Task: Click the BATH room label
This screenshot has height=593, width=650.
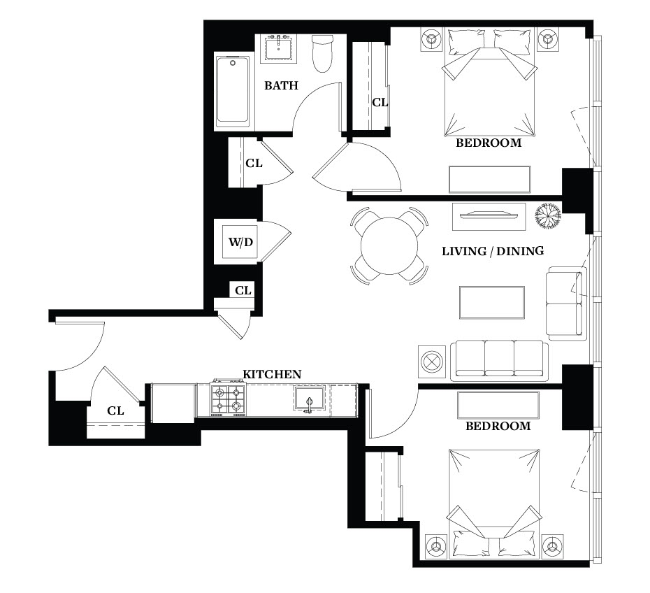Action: pyautogui.click(x=281, y=85)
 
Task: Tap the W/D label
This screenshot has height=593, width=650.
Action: pyautogui.click(x=241, y=242)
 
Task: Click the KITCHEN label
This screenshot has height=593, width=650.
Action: pyautogui.click(x=271, y=374)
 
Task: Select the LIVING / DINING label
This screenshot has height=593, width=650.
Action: pyautogui.click(x=493, y=251)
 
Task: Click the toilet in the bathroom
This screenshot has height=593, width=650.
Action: pyautogui.click(x=322, y=53)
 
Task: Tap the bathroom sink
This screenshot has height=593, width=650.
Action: pyautogui.click(x=279, y=49)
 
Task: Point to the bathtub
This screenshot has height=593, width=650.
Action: pyautogui.click(x=233, y=91)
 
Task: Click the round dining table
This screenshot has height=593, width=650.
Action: pyautogui.click(x=389, y=246)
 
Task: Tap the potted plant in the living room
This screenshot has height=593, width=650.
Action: pyautogui.click(x=548, y=215)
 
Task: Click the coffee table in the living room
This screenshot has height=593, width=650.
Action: pyautogui.click(x=491, y=302)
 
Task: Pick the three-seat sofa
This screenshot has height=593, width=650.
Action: pyautogui.click(x=499, y=360)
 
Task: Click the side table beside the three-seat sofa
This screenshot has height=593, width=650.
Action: pyautogui.click(x=432, y=362)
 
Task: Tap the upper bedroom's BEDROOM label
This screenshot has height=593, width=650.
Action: pyautogui.click(x=489, y=143)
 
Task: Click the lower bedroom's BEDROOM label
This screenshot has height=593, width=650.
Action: pyautogui.click(x=498, y=426)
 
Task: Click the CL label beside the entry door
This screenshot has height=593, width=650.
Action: pyautogui.click(x=115, y=410)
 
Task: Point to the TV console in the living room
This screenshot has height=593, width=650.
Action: pyautogui.click(x=489, y=217)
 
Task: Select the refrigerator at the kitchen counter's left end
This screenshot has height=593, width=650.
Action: pyautogui.click(x=173, y=403)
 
